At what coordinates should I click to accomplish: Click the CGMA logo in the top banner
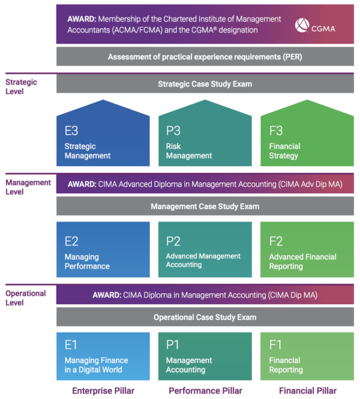tap(315, 26)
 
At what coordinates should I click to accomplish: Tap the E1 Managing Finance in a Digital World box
tap(103, 356)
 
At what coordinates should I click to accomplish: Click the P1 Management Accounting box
tap(205, 356)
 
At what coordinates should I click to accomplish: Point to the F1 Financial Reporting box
tap(307, 356)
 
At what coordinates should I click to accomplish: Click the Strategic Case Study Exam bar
tap(205, 84)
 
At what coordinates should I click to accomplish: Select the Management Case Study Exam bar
tap(205, 206)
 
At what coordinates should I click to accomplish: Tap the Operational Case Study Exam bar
tap(205, 317)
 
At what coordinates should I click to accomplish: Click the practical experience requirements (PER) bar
tap(205, 57)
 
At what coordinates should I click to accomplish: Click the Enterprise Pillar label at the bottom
tap(103, 391)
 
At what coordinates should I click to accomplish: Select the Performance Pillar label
tap(205, 391)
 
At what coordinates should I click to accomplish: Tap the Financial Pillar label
tap(307, 391)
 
